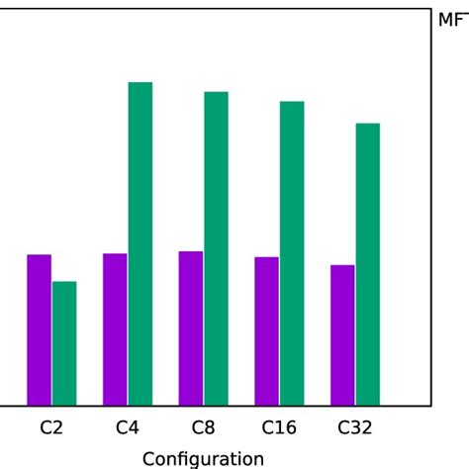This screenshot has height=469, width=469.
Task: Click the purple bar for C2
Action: [39, 329]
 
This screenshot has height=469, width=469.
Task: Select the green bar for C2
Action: [64, 343]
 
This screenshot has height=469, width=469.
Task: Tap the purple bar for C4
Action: [115, 329]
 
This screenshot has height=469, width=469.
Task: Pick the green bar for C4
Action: [141, 243]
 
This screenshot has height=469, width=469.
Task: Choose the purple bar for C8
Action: [191, 328]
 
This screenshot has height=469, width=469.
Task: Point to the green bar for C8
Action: [217, 248]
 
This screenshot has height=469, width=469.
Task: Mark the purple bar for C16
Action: [266, 330]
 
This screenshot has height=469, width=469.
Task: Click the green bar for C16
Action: [292, 253]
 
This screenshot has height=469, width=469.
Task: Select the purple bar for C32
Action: [342, 334]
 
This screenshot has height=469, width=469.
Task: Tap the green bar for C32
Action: [368, 264]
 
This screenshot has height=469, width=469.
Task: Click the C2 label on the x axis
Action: [51, 428]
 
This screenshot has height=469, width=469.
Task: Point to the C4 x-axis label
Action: [128, 428]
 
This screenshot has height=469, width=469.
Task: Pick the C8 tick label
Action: [203, 428]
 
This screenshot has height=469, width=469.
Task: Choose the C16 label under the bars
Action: [279, 428]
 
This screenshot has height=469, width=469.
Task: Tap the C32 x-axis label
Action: [355, 428]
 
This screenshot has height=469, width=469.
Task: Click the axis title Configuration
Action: [203, 458]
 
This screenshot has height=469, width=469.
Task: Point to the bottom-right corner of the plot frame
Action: [431, 406]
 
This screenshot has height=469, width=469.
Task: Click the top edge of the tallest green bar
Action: [141, 82]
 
